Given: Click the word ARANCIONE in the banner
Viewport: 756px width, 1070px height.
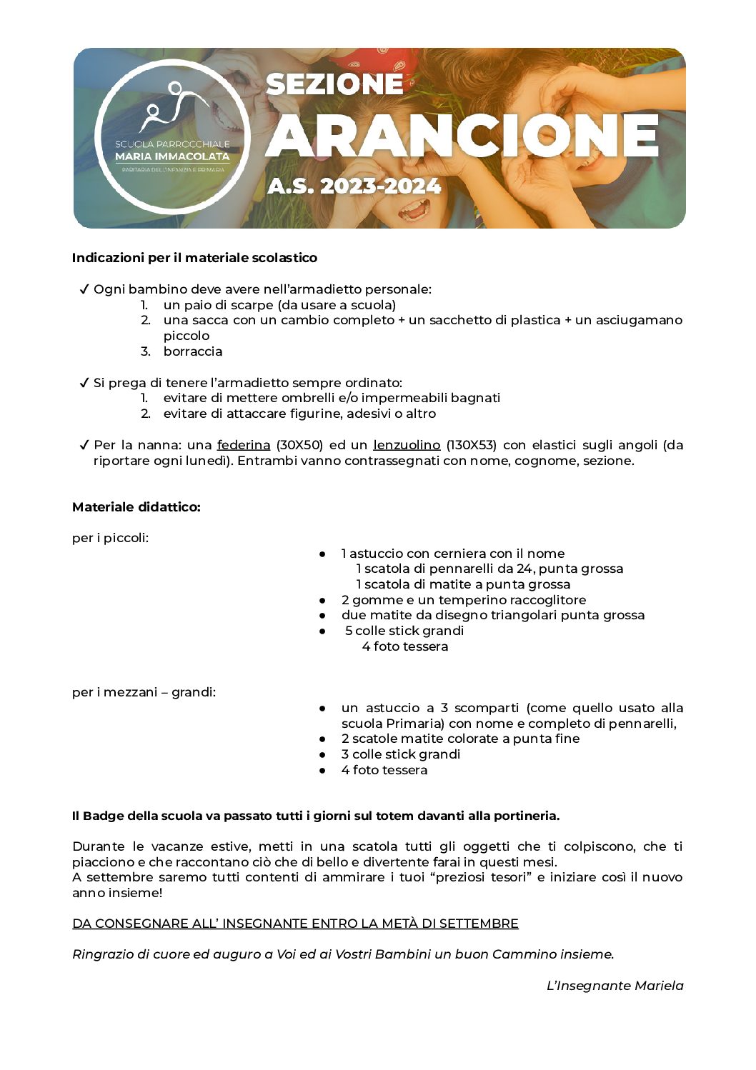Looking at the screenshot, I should pos(462,135).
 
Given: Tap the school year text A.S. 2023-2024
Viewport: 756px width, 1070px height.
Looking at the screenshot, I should pos(354,186).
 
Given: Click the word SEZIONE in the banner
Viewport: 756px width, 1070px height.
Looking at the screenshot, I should pos(334,84).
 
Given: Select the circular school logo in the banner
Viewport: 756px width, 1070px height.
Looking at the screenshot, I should pos(172,136).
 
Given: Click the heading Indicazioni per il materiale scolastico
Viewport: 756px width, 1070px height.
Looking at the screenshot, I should pos(194,258).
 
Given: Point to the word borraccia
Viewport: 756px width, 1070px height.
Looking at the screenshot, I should pos(192,351).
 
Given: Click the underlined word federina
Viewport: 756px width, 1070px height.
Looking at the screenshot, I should pos(244,445).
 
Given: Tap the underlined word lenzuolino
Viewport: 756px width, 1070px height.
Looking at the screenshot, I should pos(407,445).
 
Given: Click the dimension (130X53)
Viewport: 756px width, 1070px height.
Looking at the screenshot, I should pos(471,445).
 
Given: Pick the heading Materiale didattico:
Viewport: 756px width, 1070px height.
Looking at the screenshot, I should pos(136,507).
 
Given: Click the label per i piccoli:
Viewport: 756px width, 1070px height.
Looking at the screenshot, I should pos(110,538).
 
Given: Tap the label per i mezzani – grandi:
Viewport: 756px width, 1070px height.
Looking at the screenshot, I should pos(144,692).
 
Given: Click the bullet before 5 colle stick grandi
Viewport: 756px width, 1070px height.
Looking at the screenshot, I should pos(323,631).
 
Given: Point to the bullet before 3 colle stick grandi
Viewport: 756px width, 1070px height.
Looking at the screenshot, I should pos(323,754).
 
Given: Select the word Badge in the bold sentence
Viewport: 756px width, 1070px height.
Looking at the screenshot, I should pos(104,816).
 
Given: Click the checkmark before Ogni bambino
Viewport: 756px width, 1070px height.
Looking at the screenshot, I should pos(84,289).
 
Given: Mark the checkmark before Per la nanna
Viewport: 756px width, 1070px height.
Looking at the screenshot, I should pos(84,445).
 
